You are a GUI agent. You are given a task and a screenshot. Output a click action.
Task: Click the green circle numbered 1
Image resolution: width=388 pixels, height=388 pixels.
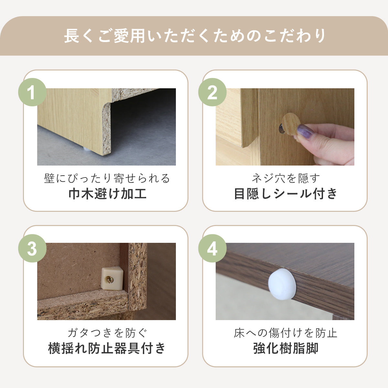tap(32, 92)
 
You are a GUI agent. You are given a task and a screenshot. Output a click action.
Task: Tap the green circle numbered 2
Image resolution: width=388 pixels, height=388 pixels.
tap(212, 92)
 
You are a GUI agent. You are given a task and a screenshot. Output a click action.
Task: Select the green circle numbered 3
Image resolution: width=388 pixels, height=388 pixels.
tap(32, 248)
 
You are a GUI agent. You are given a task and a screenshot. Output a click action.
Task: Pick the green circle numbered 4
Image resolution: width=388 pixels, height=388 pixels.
tap(212, 248)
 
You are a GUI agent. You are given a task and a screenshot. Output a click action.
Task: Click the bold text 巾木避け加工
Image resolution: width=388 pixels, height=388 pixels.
tap(107, 194)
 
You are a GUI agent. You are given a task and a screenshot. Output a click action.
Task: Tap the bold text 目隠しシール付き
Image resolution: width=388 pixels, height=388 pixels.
tap(285, 194)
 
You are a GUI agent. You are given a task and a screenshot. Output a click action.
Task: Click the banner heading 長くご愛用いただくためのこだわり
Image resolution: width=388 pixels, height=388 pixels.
tap(195, 36)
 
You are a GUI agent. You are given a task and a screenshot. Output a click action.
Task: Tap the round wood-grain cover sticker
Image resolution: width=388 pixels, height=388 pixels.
tap(291, 124)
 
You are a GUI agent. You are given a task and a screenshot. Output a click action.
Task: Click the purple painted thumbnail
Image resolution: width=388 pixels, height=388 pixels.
tap(305, 131)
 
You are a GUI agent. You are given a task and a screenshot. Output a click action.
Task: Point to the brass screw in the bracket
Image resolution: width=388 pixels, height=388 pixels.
tap(109, 280)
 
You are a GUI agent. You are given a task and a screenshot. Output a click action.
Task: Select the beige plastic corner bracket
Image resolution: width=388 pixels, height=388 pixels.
tap(112, 278)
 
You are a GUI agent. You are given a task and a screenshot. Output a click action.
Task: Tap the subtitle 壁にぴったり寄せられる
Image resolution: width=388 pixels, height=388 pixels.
tap(107, 178)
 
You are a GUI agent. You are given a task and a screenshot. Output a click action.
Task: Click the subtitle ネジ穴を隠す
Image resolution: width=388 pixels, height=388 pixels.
tap(286, 178)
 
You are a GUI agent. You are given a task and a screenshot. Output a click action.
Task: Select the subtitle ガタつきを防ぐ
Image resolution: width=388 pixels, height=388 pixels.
tap(107, 333)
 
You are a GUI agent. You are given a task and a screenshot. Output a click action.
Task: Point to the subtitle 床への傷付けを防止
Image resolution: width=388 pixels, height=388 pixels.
tap(286, 333)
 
